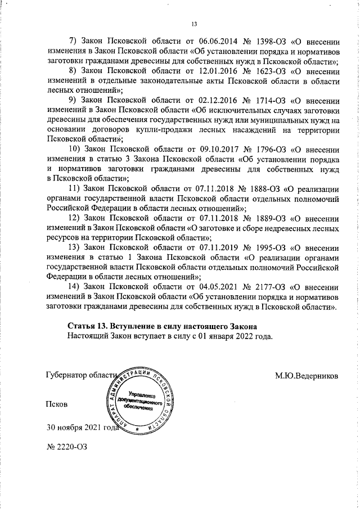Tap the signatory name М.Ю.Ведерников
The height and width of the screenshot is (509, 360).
pyautogui.click(x=307, y=376)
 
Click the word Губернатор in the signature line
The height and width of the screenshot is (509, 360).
pyautogui.click(x=66, y=376)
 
